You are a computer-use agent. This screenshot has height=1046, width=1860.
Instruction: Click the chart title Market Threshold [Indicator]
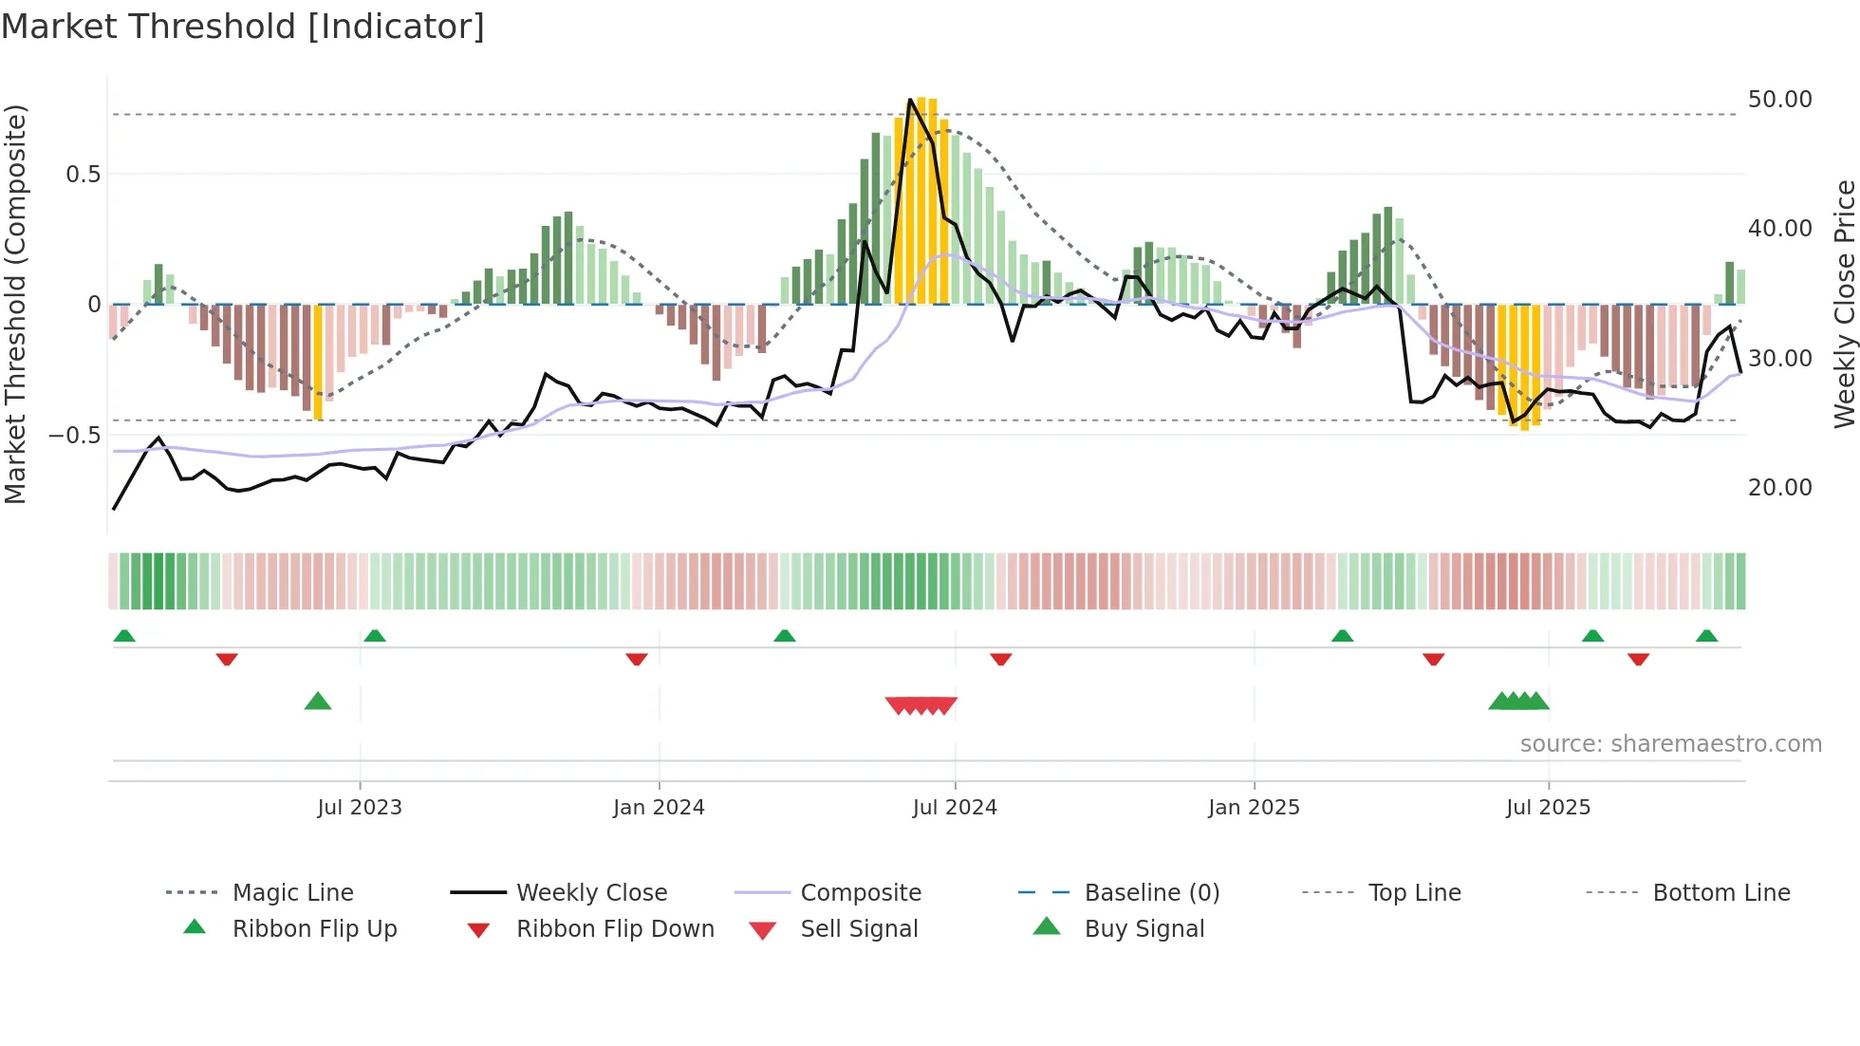(243, 27)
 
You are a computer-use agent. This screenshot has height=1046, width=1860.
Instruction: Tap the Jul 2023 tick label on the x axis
(360, 808)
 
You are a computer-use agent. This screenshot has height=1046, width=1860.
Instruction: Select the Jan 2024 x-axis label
(659, 808)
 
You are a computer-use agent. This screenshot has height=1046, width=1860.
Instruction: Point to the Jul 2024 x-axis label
(955, 808)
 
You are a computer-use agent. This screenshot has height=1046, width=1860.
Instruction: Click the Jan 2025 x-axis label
(1254, 808)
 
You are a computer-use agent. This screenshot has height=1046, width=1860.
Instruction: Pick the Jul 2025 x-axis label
(1548, 808)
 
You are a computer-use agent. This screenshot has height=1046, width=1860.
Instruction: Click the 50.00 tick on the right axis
(1779, 100)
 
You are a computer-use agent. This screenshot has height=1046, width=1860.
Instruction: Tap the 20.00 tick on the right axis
(1779, 488)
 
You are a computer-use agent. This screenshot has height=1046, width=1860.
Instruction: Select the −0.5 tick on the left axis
(74, 436)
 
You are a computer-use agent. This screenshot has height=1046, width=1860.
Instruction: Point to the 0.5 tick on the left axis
(83, 175)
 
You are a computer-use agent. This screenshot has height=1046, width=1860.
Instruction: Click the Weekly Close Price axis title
(1844, 304)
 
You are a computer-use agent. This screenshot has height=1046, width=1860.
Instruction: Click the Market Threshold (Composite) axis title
(15, 304)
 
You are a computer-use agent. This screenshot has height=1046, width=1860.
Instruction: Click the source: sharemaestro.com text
(1670, 744)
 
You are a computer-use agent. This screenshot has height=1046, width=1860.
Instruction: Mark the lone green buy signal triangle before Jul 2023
(318, 702)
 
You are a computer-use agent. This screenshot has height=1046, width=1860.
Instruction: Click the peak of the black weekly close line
(910, 100)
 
